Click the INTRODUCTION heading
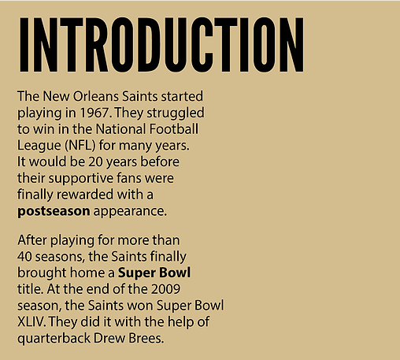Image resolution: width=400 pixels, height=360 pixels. coord(161,45)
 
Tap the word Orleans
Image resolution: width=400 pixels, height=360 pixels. coord(96,96)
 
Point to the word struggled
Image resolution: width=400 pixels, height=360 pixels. coord(176,113)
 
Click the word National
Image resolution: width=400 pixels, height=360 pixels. coord(120,129)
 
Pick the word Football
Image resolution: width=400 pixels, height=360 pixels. coord(174,129)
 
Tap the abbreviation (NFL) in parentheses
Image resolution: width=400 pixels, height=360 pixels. coord(80,146)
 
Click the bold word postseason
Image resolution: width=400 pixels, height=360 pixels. coord(54,212)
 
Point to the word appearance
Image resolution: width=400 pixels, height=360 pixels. coord(130,212)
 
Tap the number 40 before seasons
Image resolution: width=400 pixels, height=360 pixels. coord(24,257)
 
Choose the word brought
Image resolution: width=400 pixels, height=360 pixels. coord(42,273)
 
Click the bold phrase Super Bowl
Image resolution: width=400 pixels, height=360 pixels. coord(154,273)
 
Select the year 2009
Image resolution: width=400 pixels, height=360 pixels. coord(165,289)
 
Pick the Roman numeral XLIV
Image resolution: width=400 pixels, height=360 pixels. coord(30,321)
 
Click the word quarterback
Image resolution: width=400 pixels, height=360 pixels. coord(54,339)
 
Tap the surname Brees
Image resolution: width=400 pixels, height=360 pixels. coord(146,338)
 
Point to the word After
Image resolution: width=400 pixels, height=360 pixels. coord(32,240)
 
